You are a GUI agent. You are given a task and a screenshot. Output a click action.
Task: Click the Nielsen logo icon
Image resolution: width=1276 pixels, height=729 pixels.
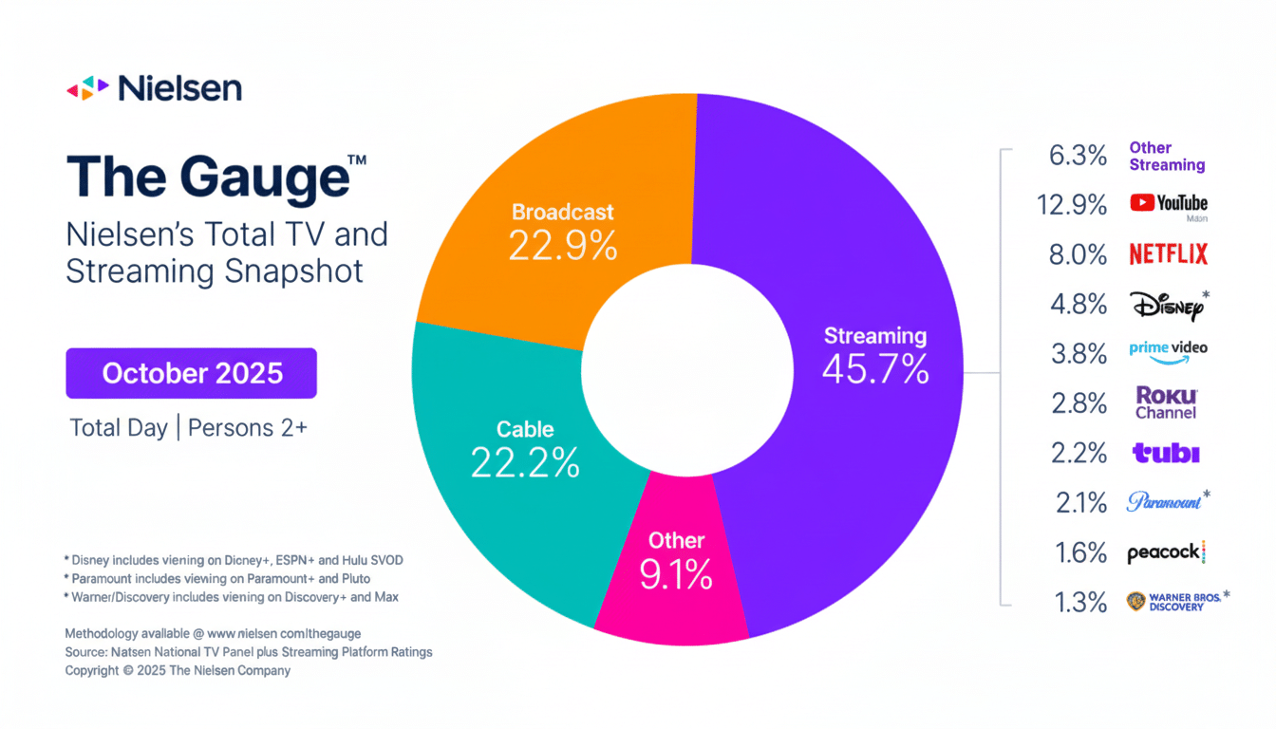pos(88,88)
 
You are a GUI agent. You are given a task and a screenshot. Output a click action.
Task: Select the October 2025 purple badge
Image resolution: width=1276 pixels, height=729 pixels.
pos(192,373)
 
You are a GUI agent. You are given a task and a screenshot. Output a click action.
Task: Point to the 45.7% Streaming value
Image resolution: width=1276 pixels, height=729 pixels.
pos(874,369)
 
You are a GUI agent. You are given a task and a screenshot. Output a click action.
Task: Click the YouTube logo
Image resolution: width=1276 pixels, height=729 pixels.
pos(1168,203)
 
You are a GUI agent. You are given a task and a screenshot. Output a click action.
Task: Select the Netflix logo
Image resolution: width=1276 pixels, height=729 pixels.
pos(1168,254)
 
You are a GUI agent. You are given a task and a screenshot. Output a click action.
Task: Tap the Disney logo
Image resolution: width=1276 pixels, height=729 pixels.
pos(1167,305)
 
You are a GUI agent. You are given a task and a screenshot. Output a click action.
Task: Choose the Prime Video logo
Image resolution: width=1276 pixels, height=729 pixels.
pos(1168,348)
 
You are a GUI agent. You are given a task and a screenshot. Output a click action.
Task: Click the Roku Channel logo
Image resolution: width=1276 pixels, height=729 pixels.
pos(1167,402)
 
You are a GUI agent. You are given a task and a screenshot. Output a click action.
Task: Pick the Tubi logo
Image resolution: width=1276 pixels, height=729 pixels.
pos(1166,453)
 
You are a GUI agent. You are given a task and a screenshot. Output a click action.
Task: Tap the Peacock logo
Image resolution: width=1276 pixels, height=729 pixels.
pos(1165,552)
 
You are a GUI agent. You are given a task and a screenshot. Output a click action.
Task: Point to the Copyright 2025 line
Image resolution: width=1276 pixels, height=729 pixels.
pos(178,670)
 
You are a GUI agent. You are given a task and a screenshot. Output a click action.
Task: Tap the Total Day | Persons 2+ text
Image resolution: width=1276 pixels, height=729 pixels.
pos(188,427)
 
